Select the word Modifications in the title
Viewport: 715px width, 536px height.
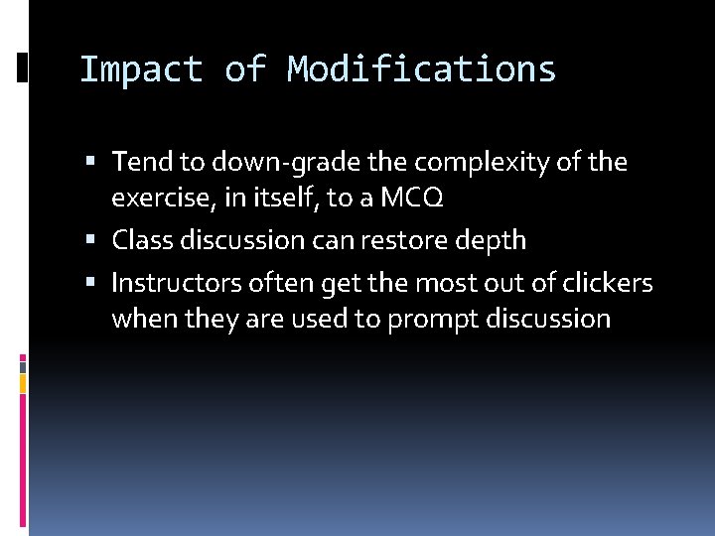(422, 70)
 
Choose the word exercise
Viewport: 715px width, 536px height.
(162, 199)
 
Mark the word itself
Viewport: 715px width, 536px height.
(285, 199)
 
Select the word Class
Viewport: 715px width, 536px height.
(143, 240)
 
